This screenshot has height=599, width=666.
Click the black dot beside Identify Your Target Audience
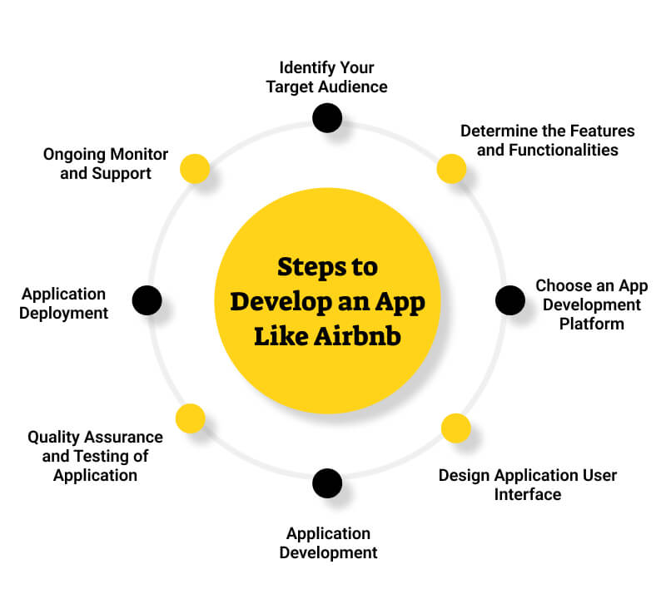tap(327, 117)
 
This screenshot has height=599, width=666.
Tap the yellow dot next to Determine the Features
tap(451, 169)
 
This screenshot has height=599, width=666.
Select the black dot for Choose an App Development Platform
tap(510, 299)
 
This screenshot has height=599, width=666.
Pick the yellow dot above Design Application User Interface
tap(455, 428)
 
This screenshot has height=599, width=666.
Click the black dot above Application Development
tap(327, 483)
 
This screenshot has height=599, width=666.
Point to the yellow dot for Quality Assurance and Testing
tap(191, 418)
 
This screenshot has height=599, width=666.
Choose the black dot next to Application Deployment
tap(147, 299)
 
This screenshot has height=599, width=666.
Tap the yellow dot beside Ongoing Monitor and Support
tap(195, 169)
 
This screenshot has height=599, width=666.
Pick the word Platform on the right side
tap(591, 324)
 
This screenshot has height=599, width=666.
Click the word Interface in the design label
tap(528, 495)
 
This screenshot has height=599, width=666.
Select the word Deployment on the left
tap(66, 314)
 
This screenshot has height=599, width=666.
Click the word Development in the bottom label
tap(328, 553)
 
